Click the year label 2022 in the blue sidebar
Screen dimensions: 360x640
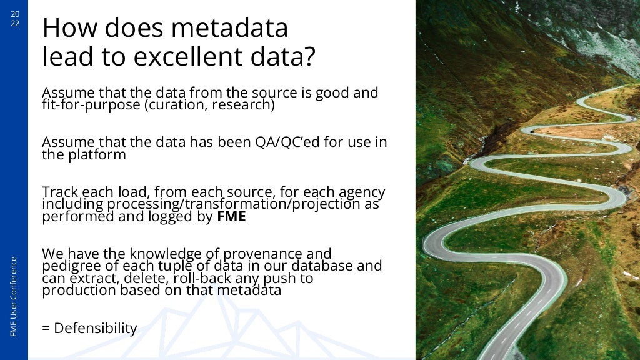[x=14, y=19]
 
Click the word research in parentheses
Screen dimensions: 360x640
[x=241, y=105]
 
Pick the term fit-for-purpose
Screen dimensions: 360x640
[x=91, y=105]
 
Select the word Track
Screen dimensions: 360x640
[x=59, y=192]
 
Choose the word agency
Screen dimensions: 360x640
[x=361, y=192]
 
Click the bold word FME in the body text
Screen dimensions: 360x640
[x=231, y=217]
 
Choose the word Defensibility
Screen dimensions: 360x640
[x=96, y=328]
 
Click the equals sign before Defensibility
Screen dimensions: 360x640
[x=46, y=329]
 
